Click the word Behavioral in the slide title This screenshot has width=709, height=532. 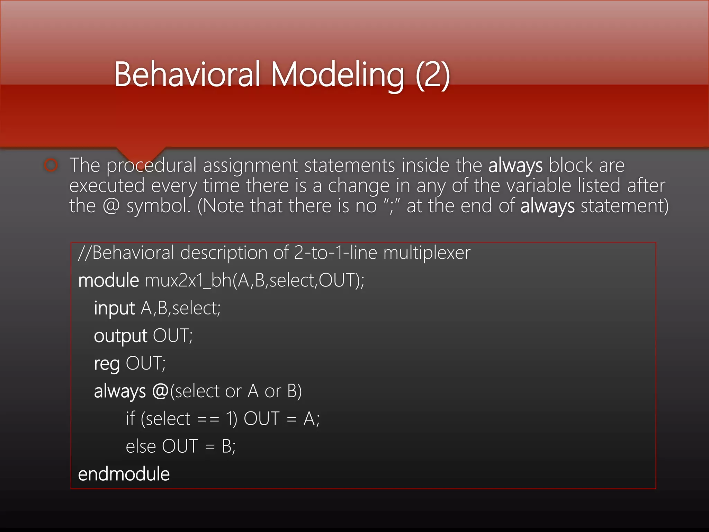coord(187,74)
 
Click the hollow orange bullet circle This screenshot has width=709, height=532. coord(51,165)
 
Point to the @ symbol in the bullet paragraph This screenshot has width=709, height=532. coord(111,206)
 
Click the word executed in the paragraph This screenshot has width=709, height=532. coord(107,186)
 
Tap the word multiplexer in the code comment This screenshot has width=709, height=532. coord(427,253)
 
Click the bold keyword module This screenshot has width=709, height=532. coord(108,281)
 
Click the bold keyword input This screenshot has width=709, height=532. coord(114,308)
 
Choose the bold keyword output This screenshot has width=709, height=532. coord(120,336)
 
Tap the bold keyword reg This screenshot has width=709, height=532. coord(107,364)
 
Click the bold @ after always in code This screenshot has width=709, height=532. coord(160,391)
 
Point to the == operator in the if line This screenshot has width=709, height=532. coord(208,419)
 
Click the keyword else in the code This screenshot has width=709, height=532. coord(141,447)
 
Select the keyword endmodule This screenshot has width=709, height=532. coord(124,474)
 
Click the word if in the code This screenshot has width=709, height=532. coord(130,419)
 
